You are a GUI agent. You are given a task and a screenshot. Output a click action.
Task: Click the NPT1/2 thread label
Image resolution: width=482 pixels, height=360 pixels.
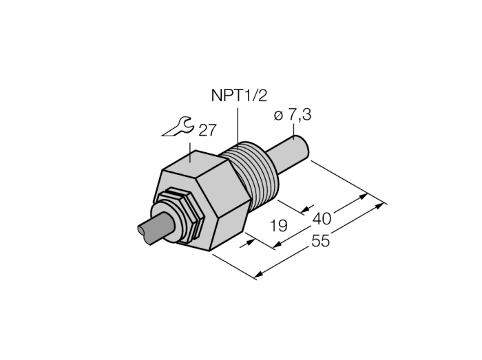(x=239, y=96)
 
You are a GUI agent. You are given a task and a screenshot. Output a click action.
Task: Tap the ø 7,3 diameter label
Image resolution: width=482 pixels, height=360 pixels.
(x=292, y=115)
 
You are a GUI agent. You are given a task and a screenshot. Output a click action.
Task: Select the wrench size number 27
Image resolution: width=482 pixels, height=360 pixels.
(x=207, y=130)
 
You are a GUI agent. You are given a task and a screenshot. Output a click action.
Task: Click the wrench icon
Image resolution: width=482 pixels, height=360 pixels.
(x=178, y=126)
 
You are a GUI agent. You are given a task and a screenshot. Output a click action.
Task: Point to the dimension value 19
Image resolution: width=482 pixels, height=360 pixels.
(x=278, y=226)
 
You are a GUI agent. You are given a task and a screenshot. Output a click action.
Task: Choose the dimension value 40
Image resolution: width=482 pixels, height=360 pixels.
(x=322, y=219)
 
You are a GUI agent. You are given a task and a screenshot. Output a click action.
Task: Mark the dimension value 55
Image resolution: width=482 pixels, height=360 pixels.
(x=321, y=240)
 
